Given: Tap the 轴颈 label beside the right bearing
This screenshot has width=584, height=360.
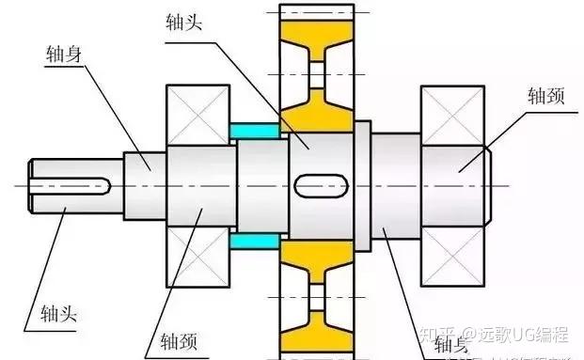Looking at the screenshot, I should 545,96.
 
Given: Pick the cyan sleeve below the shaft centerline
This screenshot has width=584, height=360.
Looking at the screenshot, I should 255,243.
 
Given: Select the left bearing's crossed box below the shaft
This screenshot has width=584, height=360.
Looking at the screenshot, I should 197,257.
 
